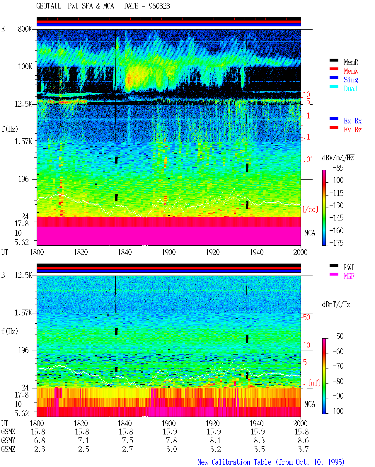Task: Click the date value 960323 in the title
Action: (x=159, y=6)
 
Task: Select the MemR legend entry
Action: (x=351, y=62)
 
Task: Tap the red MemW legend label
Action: (x=351, y=71)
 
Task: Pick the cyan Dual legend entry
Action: (x=350, y=89)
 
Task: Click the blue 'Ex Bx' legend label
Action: (x=352, y=121)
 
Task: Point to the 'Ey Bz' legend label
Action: (x=352, y=130)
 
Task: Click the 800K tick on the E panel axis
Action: (x=25, y=29)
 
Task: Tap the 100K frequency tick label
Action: (x=25, y=67)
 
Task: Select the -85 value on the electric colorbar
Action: (x=338, y=168)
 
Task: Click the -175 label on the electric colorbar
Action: (x=336, y=243)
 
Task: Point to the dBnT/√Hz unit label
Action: (x=336, y=305)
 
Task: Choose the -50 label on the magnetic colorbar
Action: (x=338, y=336)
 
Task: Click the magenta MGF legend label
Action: (x=349, y=276)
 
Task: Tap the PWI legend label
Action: (x=349, y=267)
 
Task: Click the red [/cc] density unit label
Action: (x=310, y=209)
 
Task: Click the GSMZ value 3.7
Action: (x=303, y=449)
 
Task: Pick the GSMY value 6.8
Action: (x=40, y=441)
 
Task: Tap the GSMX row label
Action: (x=8, y=432)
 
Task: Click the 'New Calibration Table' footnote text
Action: (x=234, y=462)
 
